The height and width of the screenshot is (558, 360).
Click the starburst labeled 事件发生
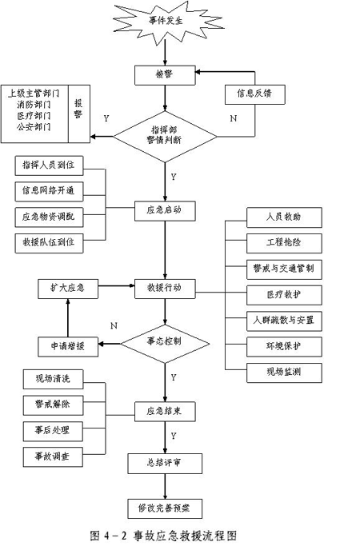[166, 22]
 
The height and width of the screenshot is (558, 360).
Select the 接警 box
[165, 74]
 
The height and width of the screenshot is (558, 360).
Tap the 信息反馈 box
[254, 94]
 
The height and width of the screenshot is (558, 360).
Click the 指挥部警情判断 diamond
[165, 136]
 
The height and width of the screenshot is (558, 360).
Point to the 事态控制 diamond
[165, 344]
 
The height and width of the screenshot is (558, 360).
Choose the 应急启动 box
[165, 211]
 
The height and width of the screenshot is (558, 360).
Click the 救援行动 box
[165, 289]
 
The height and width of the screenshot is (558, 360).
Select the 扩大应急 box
[68, 289]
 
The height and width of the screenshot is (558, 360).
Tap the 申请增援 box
[68, 347]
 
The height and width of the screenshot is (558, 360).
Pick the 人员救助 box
[284, 217]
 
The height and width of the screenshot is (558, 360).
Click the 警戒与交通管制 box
[284, 269]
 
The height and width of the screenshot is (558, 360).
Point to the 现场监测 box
[284, 373]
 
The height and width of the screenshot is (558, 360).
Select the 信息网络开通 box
[49, 191]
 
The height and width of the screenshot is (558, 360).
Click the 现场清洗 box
[53, 380]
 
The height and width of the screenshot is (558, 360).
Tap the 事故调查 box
[53, 457]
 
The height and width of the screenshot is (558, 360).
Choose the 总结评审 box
[165, 464]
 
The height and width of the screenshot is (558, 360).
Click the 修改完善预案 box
[165, 509]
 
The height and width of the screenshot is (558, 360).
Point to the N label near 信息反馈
[234, 118]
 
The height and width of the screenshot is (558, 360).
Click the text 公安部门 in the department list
[34, 127]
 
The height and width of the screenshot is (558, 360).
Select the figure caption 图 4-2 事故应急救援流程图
[163, 536]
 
